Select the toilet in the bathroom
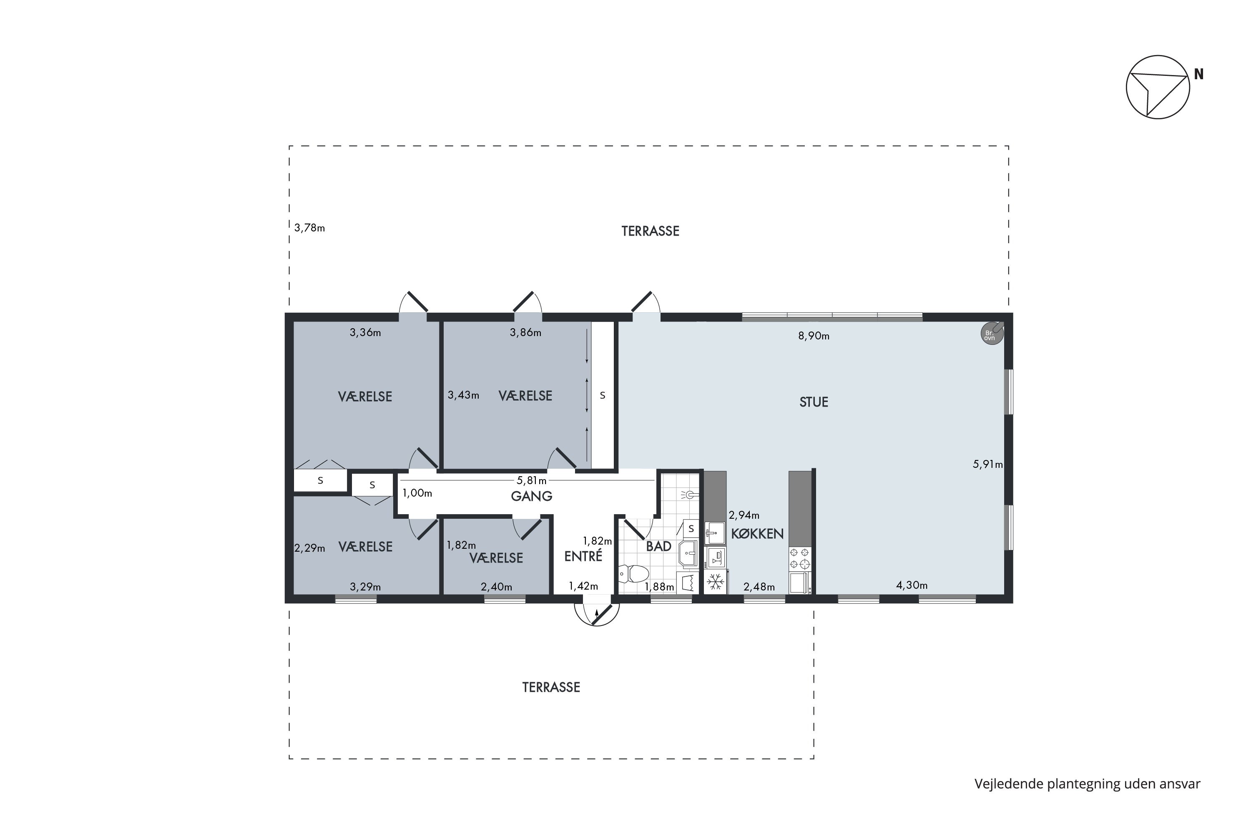pos(633,574)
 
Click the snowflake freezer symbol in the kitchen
pos(716,582)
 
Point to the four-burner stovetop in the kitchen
pos(799,558)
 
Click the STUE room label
pos(814,402)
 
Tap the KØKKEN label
pos(757,534)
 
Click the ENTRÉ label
pos(583,556)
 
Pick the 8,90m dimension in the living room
pos(814,336)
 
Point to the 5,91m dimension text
pos(988,465)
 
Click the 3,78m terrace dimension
pos(309,228)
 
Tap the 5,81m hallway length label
pos(532,481)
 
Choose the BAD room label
pos(658,546)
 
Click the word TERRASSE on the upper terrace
pos(651,231)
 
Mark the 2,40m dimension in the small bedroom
pos(496,587)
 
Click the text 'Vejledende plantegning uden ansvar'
pos(1087,784)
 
